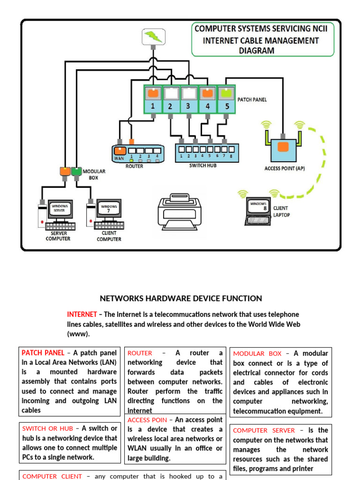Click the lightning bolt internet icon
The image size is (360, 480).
pyautogui.click(x=153, y=37)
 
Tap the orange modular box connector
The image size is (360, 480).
pyautogui.click(x=65, y=172)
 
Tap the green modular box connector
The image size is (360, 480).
pyautogui.click(x=76, y=172)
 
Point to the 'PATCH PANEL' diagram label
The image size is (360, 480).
pyautogui.click(x=252, y=100)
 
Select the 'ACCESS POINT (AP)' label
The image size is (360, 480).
pyautogui.click(x=285, y=168)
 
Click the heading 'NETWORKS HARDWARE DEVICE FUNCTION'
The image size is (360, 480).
pyautogui.click(x=181, y=299)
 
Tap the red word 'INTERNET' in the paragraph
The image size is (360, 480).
pyautogui.click(x=82, y=314)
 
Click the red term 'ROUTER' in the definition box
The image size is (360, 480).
pyautogui.click(x=140, y=353)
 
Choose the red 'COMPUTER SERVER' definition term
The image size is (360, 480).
pyautogui.click(x=264, y=430)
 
